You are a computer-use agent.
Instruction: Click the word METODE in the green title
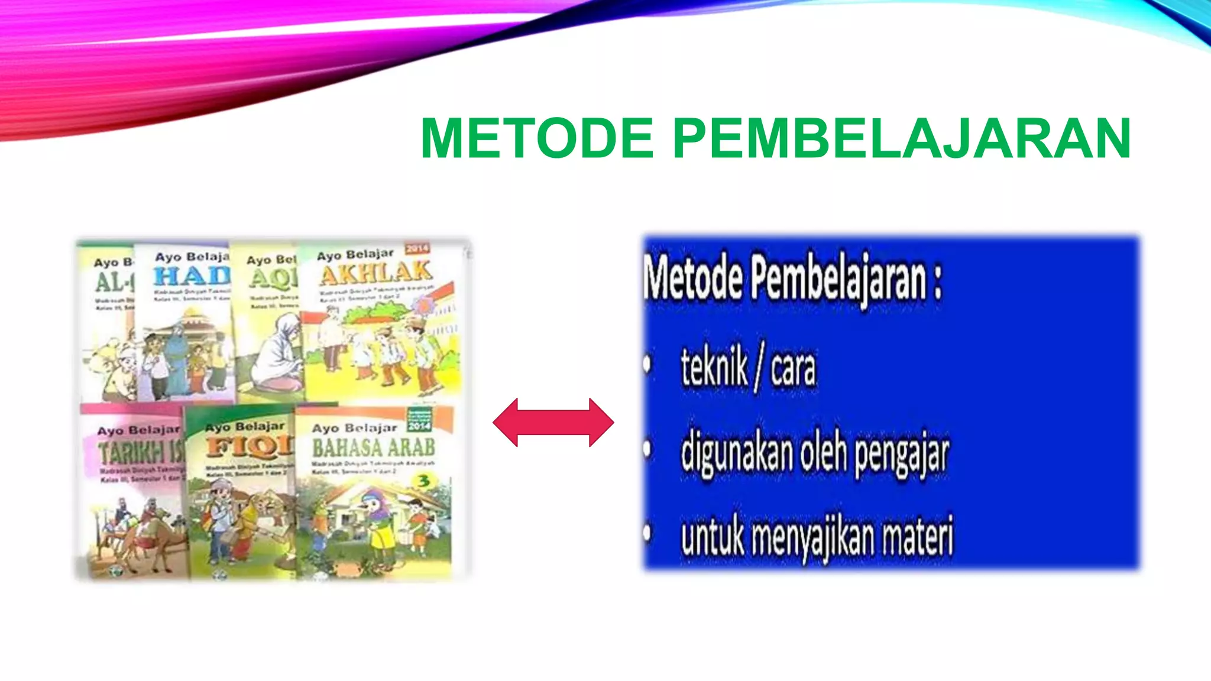pyautogui.click(x=537, y=138)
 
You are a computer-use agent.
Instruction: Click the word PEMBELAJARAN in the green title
pyautogui.click(x=902, y=138)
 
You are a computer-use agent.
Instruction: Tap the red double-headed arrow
pyautogui.click(x=553, y=422)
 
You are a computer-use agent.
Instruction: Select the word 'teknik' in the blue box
pyautogui.click(x=714, y=367)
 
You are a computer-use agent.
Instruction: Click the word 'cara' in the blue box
pyautogui.click(x=793, y=369)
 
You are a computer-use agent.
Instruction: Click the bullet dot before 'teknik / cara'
pyautogui.click(x=647, y=365)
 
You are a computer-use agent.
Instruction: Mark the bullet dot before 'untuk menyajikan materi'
pyautogui.click(x=647, y=533)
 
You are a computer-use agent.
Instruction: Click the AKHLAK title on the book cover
pyautogui.click(x=375, y=274)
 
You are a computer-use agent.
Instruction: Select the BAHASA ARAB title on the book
pyautogui.click(x=373, y=447)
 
